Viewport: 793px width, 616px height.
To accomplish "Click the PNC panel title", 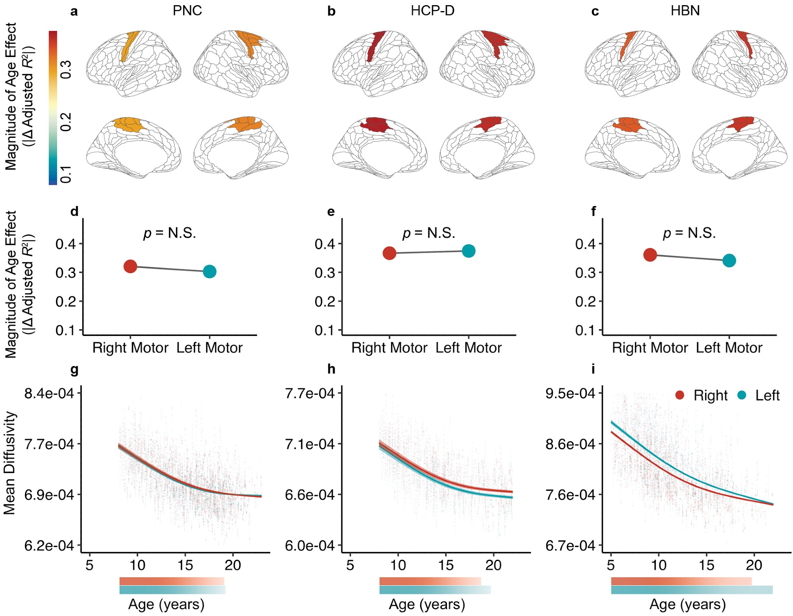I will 187,11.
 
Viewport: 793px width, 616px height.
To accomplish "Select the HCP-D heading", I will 432,11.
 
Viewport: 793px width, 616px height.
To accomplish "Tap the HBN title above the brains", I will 685,11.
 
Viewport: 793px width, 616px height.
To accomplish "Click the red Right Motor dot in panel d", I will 130,267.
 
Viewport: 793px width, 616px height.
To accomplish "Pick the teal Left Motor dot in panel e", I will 469,251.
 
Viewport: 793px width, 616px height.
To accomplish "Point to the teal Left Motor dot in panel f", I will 729,261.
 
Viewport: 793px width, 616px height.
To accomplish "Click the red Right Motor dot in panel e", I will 389,253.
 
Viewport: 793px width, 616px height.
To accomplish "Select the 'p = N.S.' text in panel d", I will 169,233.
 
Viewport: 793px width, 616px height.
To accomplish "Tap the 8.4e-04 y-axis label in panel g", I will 49,393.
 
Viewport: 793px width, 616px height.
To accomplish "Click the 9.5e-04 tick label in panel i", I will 570,393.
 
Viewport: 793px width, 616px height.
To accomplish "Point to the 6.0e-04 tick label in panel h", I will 310,546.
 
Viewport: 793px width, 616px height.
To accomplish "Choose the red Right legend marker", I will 680,395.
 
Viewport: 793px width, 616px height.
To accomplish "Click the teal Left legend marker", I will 741,395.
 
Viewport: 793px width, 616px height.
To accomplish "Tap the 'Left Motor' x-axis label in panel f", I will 729,348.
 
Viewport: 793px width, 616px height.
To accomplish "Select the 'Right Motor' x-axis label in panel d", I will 130,348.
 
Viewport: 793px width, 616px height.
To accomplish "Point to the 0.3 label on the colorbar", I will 66,70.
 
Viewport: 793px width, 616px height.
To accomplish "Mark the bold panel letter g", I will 74,370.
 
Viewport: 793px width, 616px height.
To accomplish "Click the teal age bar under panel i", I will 691,590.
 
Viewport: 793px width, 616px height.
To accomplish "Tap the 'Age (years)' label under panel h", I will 427,605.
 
